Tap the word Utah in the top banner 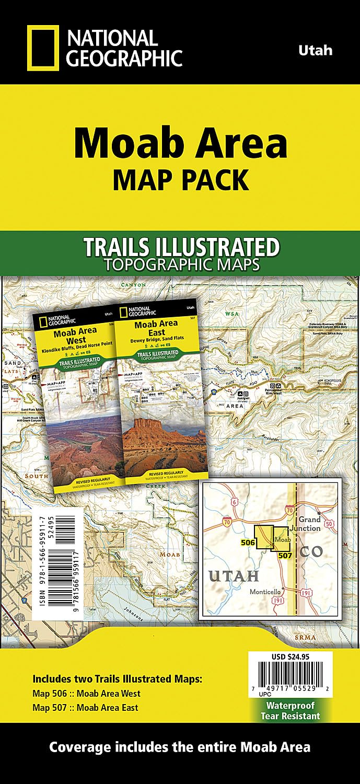click(315, 51)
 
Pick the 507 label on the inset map click(285, 555)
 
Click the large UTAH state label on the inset click(235, 576)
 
